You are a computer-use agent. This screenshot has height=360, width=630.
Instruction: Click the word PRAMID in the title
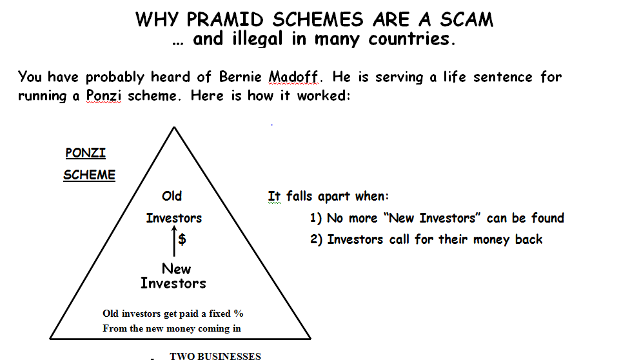point(225,19)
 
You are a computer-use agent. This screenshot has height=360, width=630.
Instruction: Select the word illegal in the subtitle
point(257,39)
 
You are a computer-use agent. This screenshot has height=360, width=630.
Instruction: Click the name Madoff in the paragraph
point(293,76)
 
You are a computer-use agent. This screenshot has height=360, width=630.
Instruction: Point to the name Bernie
point(241,76)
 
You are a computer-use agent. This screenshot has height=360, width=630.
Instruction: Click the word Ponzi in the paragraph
point(104,95)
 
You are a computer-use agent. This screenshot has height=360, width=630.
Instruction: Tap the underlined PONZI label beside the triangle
point(86,153)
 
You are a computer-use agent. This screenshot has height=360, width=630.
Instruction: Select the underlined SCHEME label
point(89,175)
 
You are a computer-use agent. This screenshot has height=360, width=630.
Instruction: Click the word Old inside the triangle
point(172,196)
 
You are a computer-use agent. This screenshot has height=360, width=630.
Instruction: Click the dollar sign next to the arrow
point(182,239)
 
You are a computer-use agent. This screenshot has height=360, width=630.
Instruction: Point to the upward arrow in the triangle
point(174,241)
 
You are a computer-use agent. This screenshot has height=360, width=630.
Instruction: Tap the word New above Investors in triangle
point(177,268)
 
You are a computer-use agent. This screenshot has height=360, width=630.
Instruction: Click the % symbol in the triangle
point(239,314)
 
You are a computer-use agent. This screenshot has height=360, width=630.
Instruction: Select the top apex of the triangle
point(174,127)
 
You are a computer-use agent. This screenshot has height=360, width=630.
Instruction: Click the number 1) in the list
point(316,218)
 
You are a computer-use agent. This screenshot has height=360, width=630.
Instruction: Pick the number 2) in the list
point(316,239)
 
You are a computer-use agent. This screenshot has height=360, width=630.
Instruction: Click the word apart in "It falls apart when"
point(334,197)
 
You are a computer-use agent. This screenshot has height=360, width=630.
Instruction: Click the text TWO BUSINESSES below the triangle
point(215,355)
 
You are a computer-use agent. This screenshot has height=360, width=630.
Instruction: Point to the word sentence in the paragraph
point(502,77)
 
